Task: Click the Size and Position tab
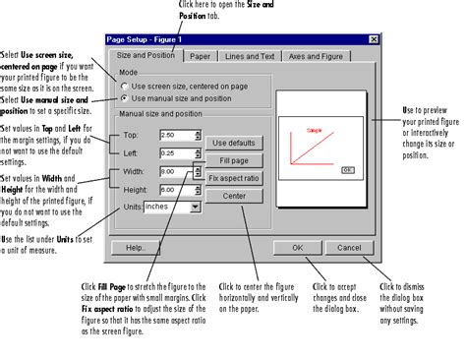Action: coord(146,56)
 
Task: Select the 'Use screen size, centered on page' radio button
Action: coord(124,86)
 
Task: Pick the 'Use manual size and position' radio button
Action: coord(124,98)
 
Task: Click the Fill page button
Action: coord(234,158)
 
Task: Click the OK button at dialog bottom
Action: coord(296,248)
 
